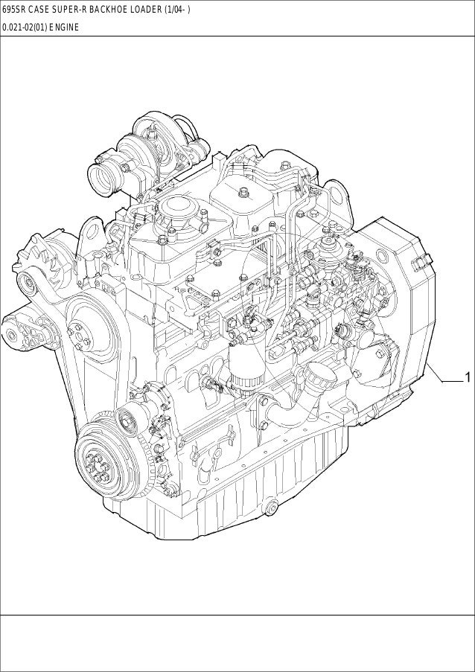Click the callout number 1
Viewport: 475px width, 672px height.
pos(468,377)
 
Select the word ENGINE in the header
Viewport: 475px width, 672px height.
pos(64,28)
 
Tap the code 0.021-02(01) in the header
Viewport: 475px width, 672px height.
pos(25,28)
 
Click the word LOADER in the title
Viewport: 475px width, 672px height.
pos(148,10)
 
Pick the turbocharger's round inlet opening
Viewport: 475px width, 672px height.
pos(103,177)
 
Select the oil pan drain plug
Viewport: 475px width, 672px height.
pos(271,508)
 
